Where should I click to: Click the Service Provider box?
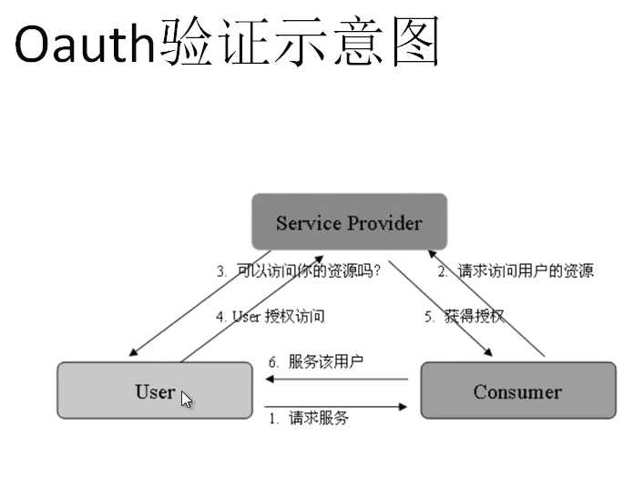pyautogui.click(x=349, y=221)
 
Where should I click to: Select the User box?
pyautogui.click(x=155, y=391)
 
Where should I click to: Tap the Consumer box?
pyautogui.click(x=517, y=391)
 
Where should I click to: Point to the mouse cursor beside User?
pyautogui.click(x=186, y=399)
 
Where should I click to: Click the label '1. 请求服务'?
pyautogui.click(x=308, y=419)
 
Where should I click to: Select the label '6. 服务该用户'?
pyautogui.click(x=315, y=361)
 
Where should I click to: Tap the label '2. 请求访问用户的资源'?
pyautogui.click(x=515, y=270)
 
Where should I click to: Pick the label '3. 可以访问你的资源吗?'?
pyautogui.click(x=299, y=270)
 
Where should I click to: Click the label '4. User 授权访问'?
pyautogui.click(x=271, y=317)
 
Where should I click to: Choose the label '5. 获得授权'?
pyautogui.click(x=464, y=317)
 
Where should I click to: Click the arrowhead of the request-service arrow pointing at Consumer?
pyautogui.click(x=404, y=407)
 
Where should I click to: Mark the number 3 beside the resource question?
pyautogui.click(x=221, y=270)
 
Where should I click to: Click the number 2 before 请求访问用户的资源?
pyautogui.click(x=442, y=270)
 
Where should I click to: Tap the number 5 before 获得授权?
pyautogui.click(x=428, y=317)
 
